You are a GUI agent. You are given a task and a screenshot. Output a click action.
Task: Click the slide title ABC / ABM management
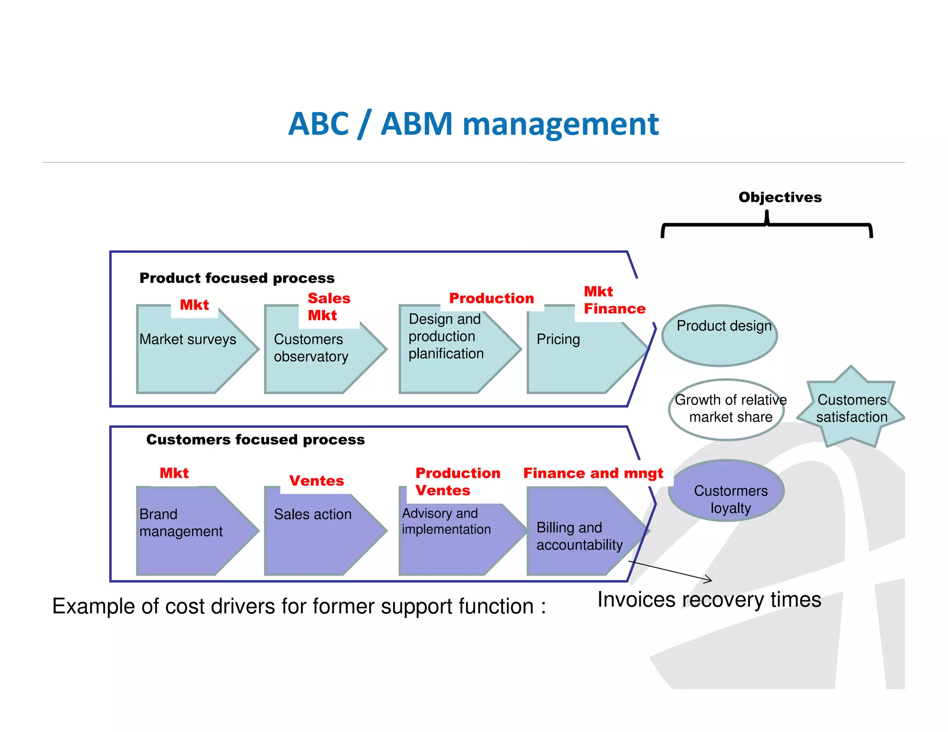tap(473, 124)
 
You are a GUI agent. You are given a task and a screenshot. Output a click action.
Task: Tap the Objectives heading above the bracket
tap(780, 197)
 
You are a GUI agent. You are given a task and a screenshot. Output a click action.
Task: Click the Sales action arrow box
tap(319, 532)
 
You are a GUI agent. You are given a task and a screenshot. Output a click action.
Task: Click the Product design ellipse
tap(720, 335)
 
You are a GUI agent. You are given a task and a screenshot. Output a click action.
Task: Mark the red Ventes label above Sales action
tap(317, 481)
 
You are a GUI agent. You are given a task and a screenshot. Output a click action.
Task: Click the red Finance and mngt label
tap(593, 473)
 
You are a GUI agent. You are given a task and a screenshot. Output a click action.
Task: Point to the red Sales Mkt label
tap(328, 307)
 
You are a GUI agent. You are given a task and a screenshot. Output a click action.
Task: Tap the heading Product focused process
tap(237, 278)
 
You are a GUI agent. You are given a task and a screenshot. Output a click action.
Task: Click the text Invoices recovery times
tap(709, 600)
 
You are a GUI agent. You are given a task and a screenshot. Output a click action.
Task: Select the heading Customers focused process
tap(255, 440)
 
